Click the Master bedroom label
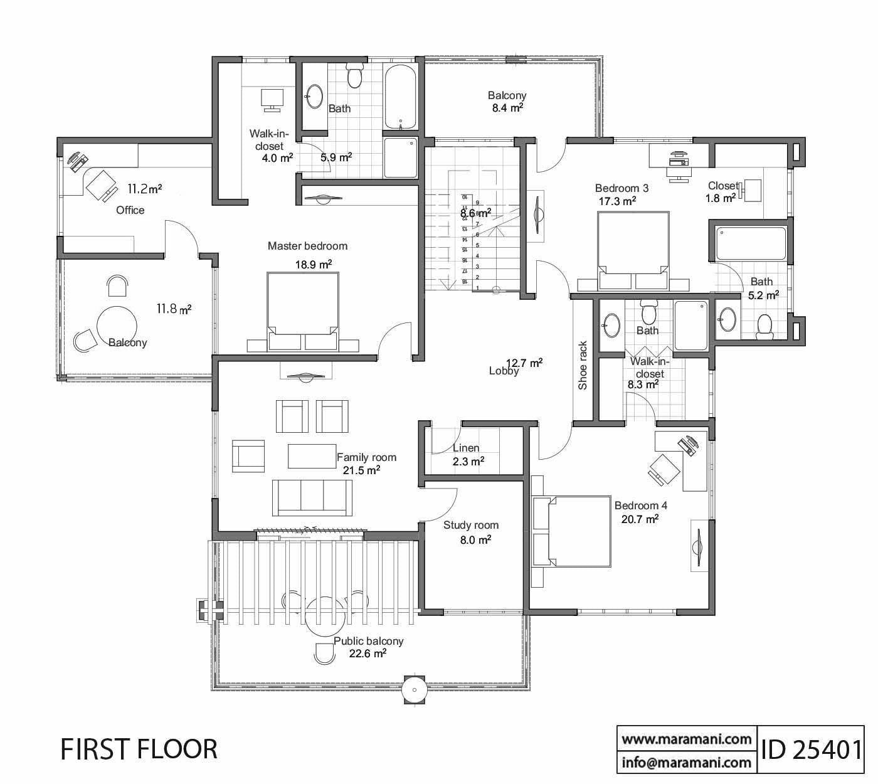point(307,246)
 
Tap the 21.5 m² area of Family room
point(361,470)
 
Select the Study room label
point(470,526)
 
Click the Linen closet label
point(466,448)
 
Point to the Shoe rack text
point(583,374)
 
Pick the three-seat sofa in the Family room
point(312,496)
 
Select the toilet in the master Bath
point(355,75)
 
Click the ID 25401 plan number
point(811,749)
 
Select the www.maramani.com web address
point(686,739)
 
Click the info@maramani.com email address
point(686,763)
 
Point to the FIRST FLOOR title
point(139,750)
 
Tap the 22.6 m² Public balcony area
point(368,654)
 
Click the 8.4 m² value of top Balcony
point(507,107)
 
